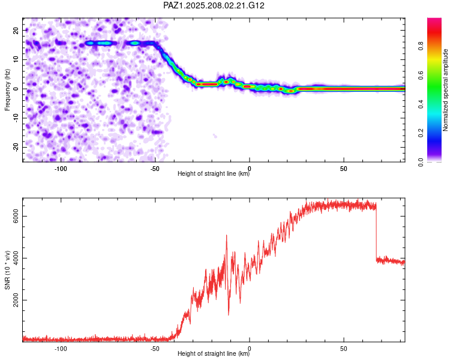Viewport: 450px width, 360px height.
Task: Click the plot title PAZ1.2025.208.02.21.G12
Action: [214, 5]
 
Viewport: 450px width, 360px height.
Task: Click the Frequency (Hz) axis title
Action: [7, 90]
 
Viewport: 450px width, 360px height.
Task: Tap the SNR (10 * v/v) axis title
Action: [7, 270]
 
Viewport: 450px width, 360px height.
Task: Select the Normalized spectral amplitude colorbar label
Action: [445, 90]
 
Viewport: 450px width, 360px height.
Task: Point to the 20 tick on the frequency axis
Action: [16, 30]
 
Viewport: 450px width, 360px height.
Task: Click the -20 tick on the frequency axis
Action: [16, 147]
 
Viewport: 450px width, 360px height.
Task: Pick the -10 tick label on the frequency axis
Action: [16, 118]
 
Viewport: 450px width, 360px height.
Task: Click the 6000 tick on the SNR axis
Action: [16, 216]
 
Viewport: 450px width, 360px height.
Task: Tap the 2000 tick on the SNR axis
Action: [16, 300]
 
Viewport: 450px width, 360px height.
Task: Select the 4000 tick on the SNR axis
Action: [16, 258]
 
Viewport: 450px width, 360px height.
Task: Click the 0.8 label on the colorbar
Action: [421, 46]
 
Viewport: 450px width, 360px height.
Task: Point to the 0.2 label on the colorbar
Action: [421, 133]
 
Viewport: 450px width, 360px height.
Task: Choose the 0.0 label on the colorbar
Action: [421, 162]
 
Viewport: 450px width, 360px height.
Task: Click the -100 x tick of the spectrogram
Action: [61, 169]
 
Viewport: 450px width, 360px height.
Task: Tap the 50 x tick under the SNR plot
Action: [344, 349]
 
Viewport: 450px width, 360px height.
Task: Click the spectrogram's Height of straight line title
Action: [214, 173]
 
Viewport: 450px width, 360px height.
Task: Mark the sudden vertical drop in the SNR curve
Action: [376, 231]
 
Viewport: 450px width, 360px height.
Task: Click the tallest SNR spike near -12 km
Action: [226, 235]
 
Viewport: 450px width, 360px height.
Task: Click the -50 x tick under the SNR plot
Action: [155, 349]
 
